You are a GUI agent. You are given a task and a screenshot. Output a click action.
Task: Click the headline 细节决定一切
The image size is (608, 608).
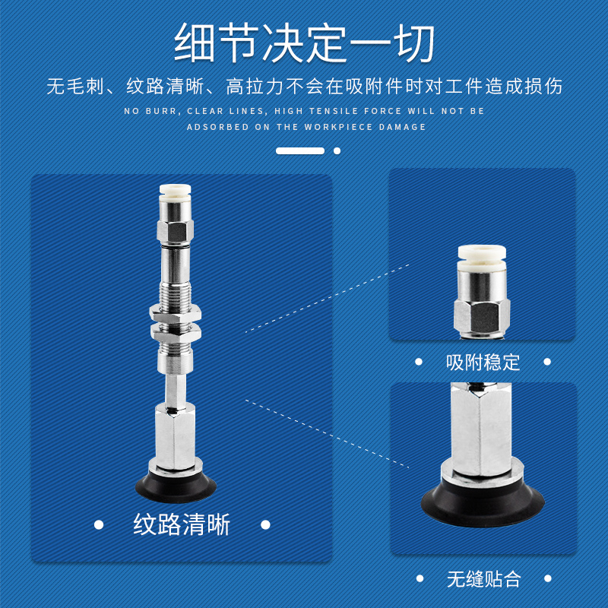tap(304, 43)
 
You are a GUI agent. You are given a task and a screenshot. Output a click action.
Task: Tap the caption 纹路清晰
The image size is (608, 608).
tap(182, 524)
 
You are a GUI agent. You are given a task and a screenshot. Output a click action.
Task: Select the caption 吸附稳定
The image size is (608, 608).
tap(483, 362)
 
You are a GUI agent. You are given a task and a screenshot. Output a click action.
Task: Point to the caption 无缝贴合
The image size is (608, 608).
tap(483, 579)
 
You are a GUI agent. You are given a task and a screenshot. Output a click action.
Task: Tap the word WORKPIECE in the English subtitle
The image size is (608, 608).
tap(337, 127)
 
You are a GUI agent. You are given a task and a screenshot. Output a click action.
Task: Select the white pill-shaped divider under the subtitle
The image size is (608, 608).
tap(300, 151)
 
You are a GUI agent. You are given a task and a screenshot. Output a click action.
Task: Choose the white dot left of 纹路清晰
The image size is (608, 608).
tap(98, 524)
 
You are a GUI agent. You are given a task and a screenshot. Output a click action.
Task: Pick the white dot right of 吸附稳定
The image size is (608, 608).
tap(547, 362)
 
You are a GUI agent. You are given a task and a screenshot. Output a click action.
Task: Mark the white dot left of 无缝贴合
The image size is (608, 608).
tap(419, 579)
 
